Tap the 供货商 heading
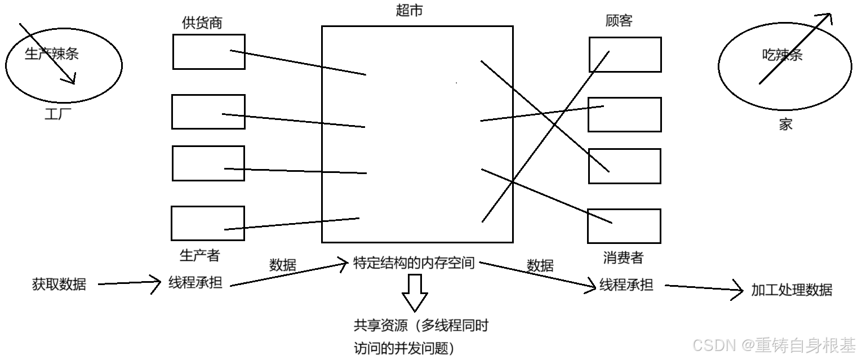(x=202, y=23)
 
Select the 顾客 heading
(x=619, y=21)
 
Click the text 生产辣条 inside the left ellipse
(x=52, y=54)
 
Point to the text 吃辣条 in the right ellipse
(x=782, y=55)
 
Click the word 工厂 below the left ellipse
(x=58, y=115)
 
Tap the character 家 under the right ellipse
(x=785, y=125)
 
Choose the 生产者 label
(x=199, y=255)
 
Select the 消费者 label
(x=623, y=258)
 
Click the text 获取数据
(x=59, y=284)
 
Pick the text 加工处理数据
(x=791, y=290)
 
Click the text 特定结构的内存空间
(x=414, y=263)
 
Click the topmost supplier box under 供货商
(x=208, y=52)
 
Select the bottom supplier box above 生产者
(x=207, y=223)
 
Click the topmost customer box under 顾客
(x=625, y=55)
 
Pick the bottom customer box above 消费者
(x=624, y=226)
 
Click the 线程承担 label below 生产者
(x=195, y=283)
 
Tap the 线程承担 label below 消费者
(x=626, y=285)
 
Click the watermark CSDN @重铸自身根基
(x=773, y=344)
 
